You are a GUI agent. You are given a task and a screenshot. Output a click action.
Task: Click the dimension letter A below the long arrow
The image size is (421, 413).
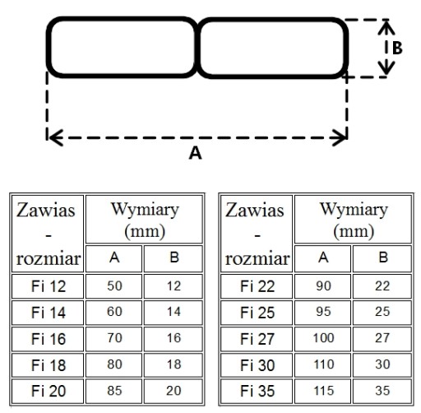click(196, 153)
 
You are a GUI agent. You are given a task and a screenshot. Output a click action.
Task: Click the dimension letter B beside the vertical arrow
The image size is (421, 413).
click(397, 48)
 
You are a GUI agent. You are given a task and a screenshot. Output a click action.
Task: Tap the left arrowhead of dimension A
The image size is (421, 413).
click(55, 137)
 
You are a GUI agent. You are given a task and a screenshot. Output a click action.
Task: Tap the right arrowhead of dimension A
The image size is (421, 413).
click(340, 137)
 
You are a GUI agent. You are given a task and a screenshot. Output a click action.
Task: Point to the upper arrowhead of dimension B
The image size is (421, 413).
click(386, 27)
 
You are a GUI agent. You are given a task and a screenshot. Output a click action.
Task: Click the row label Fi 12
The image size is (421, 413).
click(49, 286)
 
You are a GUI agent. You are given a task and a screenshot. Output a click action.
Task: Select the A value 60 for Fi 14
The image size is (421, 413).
click(114, 312)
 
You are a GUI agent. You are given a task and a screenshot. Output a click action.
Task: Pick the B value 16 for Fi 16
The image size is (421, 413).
click(173, 338)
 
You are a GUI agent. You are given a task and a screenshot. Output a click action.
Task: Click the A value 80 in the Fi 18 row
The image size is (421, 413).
click(114, 364)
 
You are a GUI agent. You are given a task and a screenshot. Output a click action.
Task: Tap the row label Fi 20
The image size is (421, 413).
click(49, 391)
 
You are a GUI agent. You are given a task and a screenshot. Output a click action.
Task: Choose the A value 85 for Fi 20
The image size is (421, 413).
click(114, 391)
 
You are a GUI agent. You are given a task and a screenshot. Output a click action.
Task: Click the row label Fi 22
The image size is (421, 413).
click(257, 286)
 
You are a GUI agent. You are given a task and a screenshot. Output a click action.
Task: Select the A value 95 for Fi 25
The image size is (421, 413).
click(323, 312)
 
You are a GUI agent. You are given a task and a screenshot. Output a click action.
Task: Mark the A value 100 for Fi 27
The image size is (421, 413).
click(323, 338)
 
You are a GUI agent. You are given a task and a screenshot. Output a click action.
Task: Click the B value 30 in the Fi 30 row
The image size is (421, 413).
click(382, 364)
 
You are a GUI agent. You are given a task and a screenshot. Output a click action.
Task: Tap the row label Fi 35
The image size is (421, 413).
click(257, 391)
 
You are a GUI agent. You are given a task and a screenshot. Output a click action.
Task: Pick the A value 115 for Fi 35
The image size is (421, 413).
click(323, 391)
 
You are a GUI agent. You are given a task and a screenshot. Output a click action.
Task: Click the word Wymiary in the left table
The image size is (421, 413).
click(145, 210)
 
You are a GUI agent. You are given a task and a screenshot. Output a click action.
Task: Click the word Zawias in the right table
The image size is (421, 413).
click(255, 211)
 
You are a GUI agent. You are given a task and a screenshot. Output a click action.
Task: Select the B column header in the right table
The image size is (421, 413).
click(383, 258)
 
